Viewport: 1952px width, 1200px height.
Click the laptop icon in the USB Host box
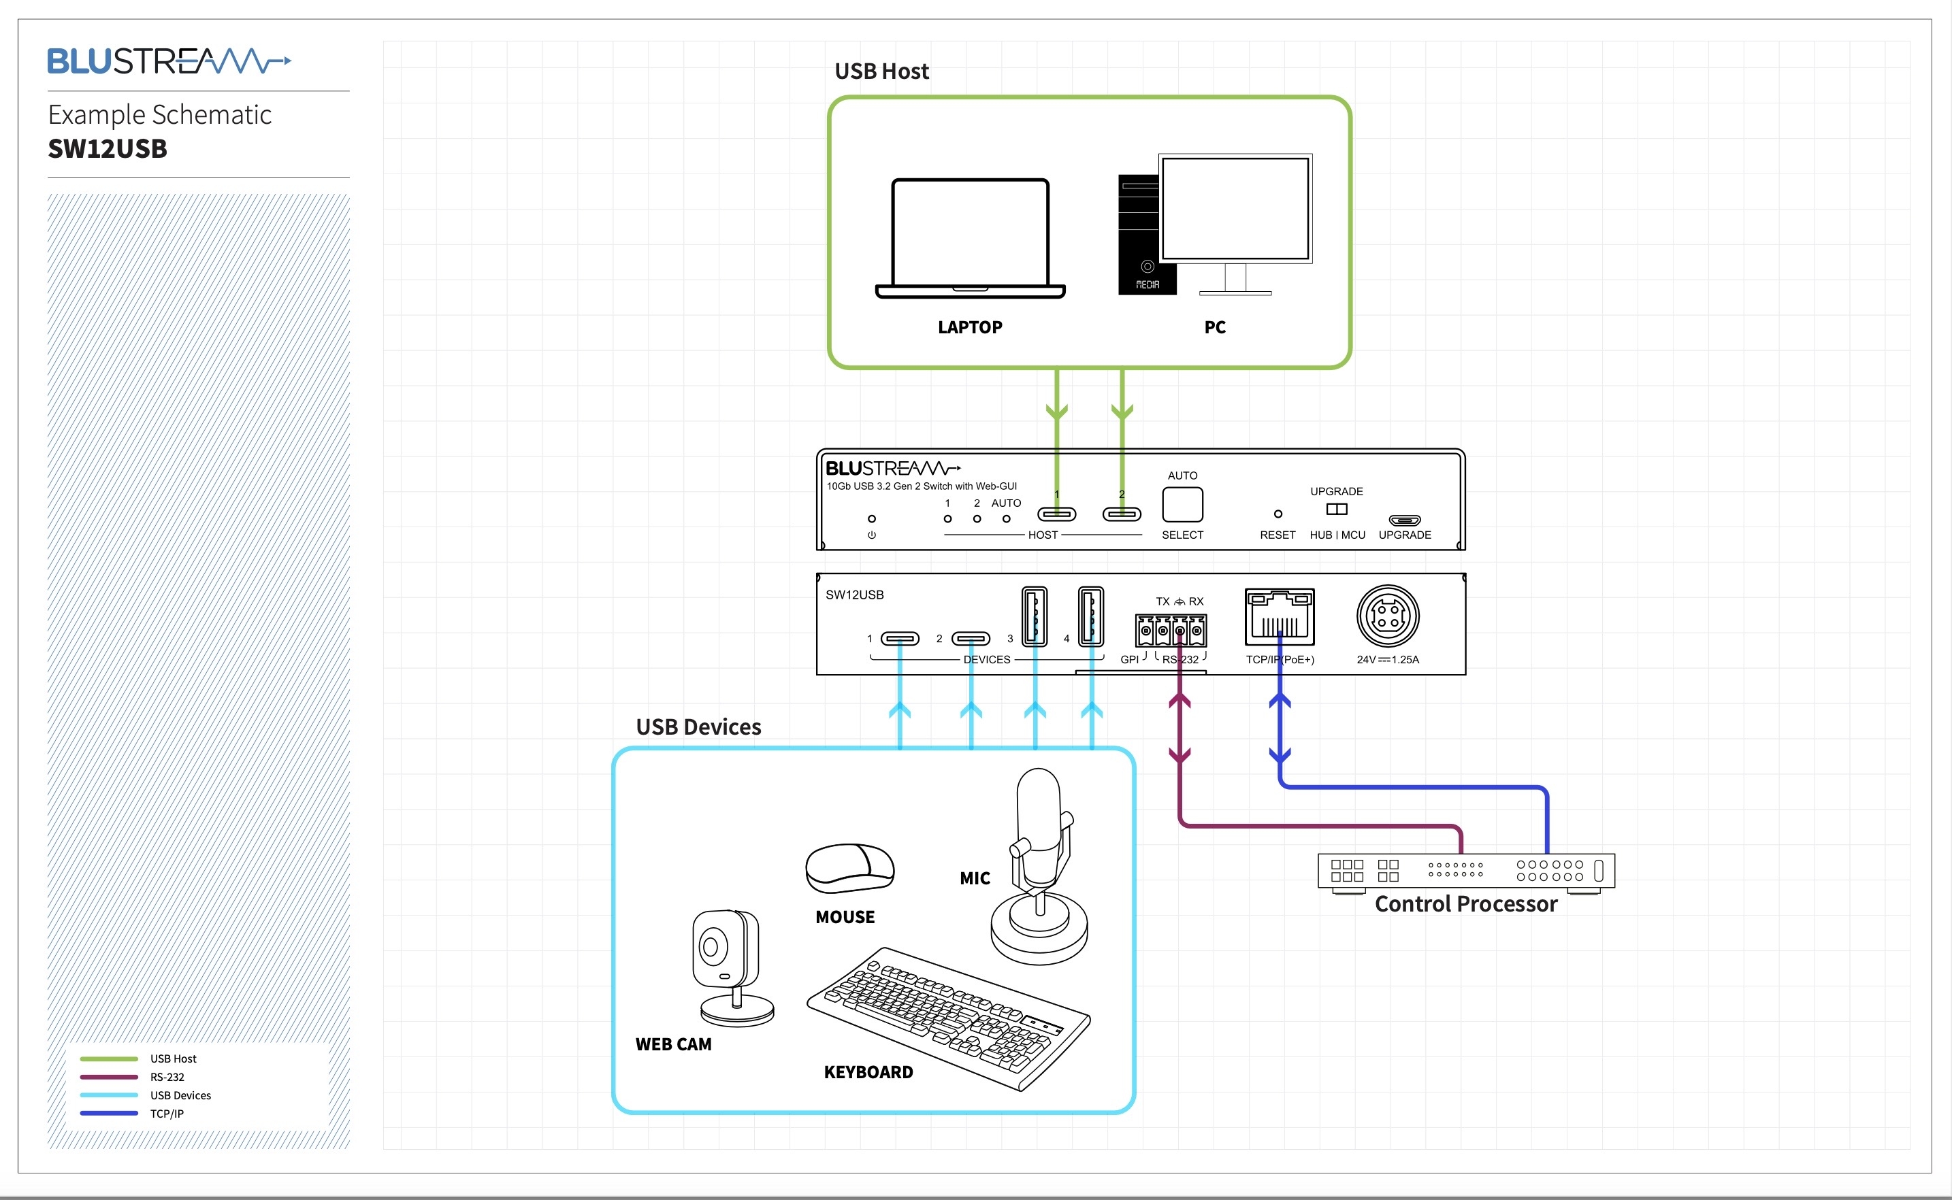[970, 238]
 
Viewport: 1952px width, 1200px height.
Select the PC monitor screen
[1235, 208]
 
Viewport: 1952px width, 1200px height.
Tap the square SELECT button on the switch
[1182, 505]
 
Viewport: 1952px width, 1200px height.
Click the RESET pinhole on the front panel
[1278, 514]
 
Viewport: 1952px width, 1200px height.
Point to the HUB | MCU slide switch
[1337, 510]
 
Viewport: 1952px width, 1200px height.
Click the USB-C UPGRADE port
[1404, 520]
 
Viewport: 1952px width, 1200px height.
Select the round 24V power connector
[1388, 616]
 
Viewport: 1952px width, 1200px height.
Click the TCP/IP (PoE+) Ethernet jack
[1280, 618]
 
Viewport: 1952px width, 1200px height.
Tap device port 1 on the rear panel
[899, 638]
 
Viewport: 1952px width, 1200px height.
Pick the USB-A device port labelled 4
[1091, 615]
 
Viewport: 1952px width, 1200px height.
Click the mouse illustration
[849, 868]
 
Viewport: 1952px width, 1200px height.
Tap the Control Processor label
[1465, 904]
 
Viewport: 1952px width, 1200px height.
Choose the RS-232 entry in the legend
[167, 1077]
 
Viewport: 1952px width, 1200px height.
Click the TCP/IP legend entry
[167, 1114]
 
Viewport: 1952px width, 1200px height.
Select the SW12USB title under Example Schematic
[108, 148]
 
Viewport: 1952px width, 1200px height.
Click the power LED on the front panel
[872, 519]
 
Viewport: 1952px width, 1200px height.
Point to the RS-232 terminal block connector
[1180, 632]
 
